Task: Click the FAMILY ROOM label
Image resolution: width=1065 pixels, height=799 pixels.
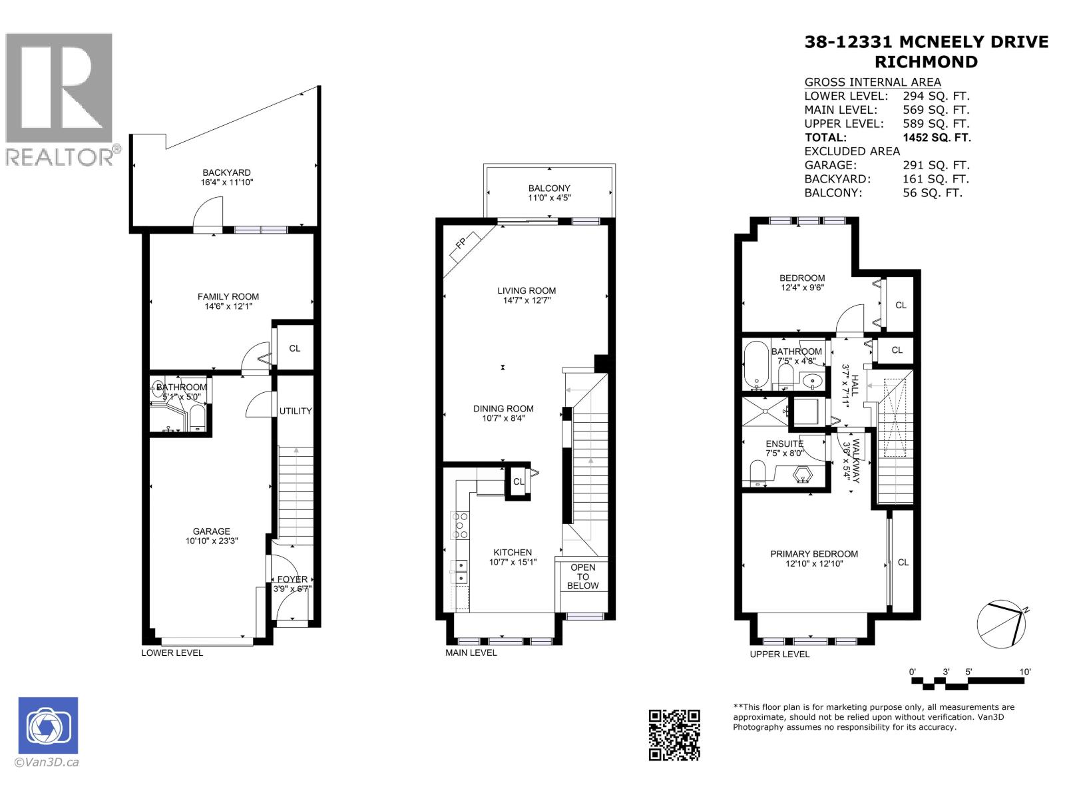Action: point(228,296)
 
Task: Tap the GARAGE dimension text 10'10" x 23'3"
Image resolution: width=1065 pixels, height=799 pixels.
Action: point(211,541)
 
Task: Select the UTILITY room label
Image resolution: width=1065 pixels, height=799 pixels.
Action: point(295,411)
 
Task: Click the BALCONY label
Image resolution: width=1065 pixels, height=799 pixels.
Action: point(549,188)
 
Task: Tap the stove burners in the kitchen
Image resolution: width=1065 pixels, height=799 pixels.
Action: point(460,525)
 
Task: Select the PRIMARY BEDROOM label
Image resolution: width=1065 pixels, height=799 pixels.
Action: point(813,553)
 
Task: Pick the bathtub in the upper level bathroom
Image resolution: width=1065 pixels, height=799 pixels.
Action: point(756,365)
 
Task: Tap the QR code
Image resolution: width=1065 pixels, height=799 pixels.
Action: point(674,734)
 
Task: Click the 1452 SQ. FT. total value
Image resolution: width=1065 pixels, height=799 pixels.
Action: point(936,137)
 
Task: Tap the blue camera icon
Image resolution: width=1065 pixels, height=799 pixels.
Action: point(48,725)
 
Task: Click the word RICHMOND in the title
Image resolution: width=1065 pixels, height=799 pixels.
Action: point(925,62)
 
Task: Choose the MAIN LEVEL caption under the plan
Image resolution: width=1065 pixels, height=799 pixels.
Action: point(471,653)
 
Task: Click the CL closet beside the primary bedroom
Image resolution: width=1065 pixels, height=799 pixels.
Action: point(903,562)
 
